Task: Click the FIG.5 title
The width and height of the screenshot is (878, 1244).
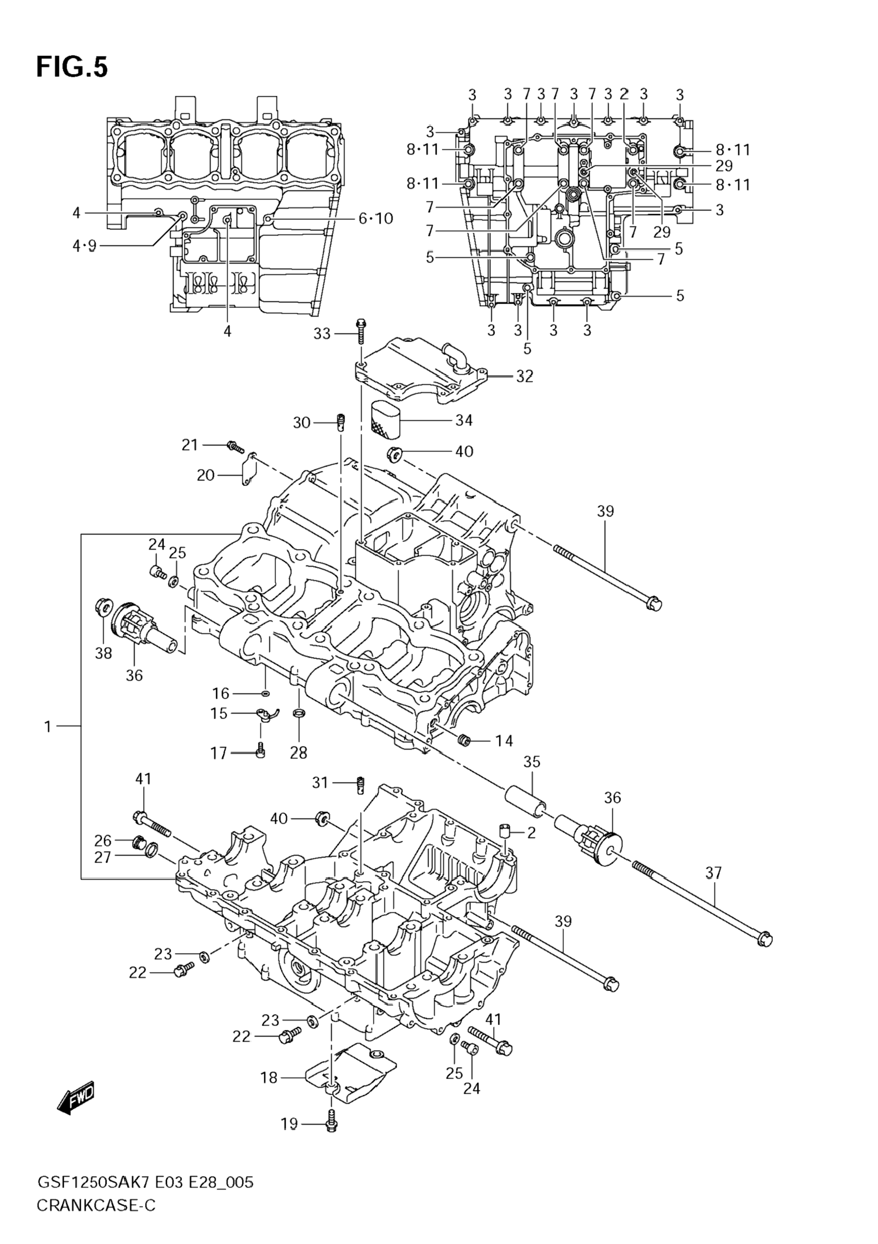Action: point(72,67)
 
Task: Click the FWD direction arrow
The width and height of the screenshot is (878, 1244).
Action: point(76,1100)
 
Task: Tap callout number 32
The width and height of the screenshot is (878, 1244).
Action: point(524,376)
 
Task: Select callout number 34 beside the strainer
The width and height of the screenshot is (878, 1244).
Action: point(464,420)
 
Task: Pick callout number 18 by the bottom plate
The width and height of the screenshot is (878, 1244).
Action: point(269,1078)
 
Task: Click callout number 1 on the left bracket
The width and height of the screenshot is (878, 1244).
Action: point(48,726)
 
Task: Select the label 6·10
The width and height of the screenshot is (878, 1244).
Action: point(376,218)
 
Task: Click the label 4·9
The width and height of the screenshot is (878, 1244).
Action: point(84,247)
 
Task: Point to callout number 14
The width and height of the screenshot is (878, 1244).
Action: point(504,740)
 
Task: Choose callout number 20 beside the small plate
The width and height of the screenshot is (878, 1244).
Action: point(206,475)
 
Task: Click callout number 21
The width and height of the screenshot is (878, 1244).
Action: point(190,445)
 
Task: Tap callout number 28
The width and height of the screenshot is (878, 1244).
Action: point(299,753)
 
